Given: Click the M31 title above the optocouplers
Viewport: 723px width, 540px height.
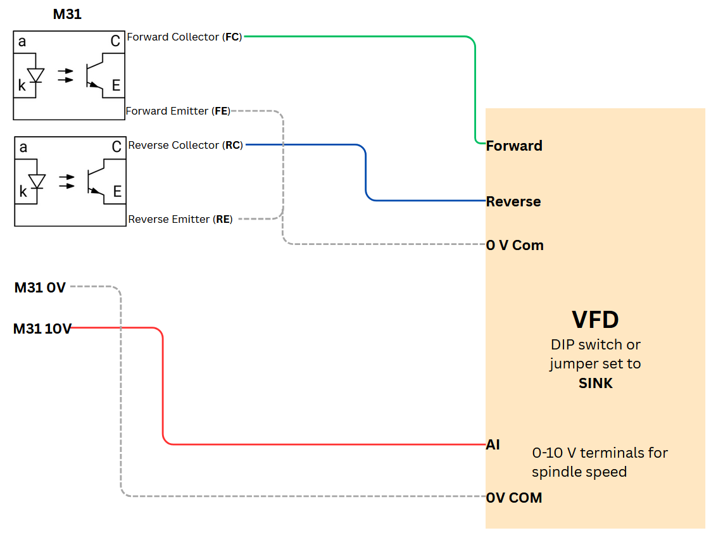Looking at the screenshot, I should [x=67, y=14].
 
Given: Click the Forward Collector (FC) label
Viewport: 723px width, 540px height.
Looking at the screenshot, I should [x=184, y=37].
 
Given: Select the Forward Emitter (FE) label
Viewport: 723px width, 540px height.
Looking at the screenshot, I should [x=177, y=111].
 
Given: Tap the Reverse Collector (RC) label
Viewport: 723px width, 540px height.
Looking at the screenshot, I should [x=185, y=145].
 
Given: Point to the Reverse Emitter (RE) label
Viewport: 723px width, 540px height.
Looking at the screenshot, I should [x=180, y=219].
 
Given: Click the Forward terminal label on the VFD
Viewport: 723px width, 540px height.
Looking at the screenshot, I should [x=514, y=146].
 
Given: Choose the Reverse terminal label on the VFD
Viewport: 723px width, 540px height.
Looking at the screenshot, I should [x=513, y=201].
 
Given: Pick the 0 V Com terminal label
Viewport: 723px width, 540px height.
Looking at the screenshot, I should [x=515, y=245].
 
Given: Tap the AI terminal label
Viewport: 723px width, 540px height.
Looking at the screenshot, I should [x=493, y=444].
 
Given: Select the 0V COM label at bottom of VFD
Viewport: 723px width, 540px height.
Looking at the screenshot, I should [x=514, y=498].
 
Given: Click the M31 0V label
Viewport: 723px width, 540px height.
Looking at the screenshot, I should [x=40, y=287].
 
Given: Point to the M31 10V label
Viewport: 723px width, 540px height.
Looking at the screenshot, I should [x=42, y=329].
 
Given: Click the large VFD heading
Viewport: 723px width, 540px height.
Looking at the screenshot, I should [x=595, y=319].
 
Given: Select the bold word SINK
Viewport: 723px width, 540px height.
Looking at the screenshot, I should [x=596, y=383].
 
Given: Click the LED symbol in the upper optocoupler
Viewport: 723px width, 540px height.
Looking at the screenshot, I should [x=36, y=75].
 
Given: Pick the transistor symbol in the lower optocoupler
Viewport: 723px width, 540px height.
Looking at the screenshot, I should [x=94, y=180].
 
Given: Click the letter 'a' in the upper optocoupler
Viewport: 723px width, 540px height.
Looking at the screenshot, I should [x=23, y=42].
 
